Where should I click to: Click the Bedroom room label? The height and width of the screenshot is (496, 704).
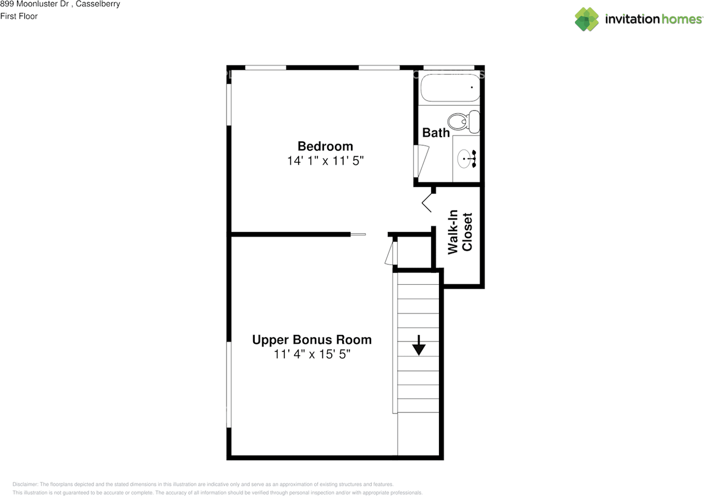325,146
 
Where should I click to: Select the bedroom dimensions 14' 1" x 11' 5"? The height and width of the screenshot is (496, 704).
325,161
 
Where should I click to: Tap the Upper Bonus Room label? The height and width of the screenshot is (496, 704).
312,340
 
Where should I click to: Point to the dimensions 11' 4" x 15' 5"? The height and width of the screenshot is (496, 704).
312,355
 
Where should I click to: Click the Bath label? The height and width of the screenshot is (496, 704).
436,133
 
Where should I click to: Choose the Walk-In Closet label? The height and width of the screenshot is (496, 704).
460,232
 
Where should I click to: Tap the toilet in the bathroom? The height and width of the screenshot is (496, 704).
463,121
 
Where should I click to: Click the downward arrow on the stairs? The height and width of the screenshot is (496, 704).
419,345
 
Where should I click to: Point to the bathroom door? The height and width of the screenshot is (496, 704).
421,161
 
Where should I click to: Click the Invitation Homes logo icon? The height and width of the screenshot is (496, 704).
587,19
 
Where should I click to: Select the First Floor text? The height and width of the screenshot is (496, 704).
19,16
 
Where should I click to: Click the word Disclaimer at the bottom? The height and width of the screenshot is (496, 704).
25,484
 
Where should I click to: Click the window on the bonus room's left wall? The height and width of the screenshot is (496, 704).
229,384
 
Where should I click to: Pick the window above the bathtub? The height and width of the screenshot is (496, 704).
449,68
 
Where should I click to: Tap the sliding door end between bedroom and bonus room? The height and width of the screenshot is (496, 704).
358,235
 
